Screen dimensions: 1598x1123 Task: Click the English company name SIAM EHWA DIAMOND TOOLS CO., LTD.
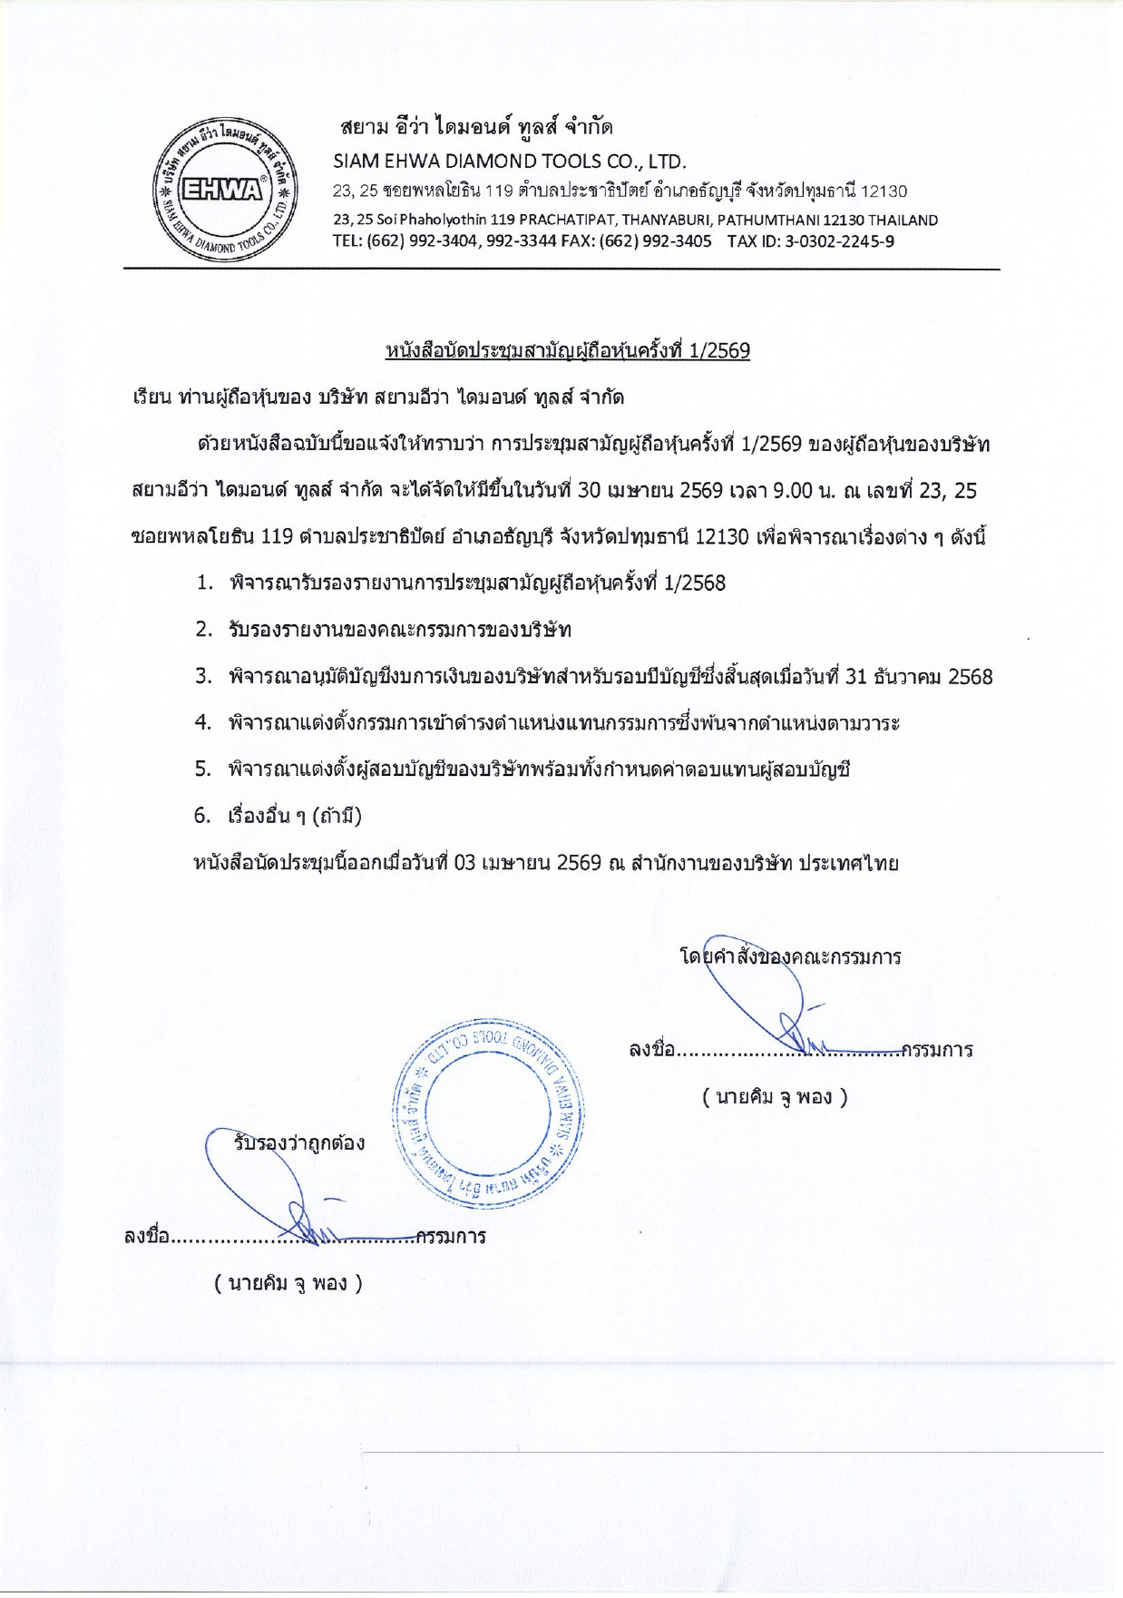click(x=509, y=162)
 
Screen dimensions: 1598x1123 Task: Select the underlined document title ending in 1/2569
click(x=567, y=350)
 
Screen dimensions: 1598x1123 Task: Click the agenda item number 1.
click(x=205, y=583)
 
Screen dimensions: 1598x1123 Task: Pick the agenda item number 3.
click(x=204, y=676)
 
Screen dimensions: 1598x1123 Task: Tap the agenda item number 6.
click(x=203, y=815)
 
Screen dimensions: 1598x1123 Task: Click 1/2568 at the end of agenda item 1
click(x=695, y=583)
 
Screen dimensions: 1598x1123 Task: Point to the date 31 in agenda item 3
click(x=857, y=676)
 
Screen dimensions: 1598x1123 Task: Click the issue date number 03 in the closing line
click(x=465, y=862)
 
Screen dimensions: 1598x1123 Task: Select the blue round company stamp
click(x=490, y=1113)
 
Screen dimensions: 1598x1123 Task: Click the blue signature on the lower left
click(x=272, y=1189)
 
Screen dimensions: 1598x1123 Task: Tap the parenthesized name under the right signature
click(x=775, y=1097)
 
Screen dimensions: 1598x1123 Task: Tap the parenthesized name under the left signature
click(x=288, y=1283)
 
